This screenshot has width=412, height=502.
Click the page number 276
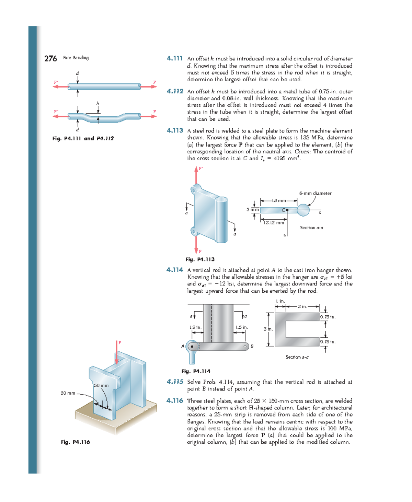coord(50,59)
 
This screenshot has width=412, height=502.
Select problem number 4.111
coord(174,58)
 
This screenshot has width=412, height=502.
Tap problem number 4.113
coord(175,130)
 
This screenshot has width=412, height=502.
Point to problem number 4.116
coord(175,400)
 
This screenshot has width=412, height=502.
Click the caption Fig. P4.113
coord(200,259)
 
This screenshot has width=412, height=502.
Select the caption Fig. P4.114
coord(196,371)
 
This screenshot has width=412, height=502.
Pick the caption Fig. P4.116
coord(75,442)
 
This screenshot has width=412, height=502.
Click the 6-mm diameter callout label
coord(315,194)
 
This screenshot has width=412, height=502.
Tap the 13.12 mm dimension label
coord(274,223)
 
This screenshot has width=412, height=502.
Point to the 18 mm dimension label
coord(279,201)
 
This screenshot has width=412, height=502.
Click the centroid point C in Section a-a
coord(287,210)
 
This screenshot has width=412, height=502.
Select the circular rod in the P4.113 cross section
coord(303,210)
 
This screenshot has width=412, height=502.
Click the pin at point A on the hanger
coord(192,347)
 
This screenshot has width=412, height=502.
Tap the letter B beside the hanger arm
coord(252,347)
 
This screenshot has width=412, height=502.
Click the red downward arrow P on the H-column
coord(117,353)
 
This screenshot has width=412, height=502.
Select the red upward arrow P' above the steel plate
coord(196,175)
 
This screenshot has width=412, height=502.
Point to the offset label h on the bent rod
coord(98,103)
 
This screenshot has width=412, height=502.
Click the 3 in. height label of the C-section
coord(268,329)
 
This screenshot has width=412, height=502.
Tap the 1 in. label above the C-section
coord(281,301)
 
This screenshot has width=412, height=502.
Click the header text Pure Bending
coord(76,58)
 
